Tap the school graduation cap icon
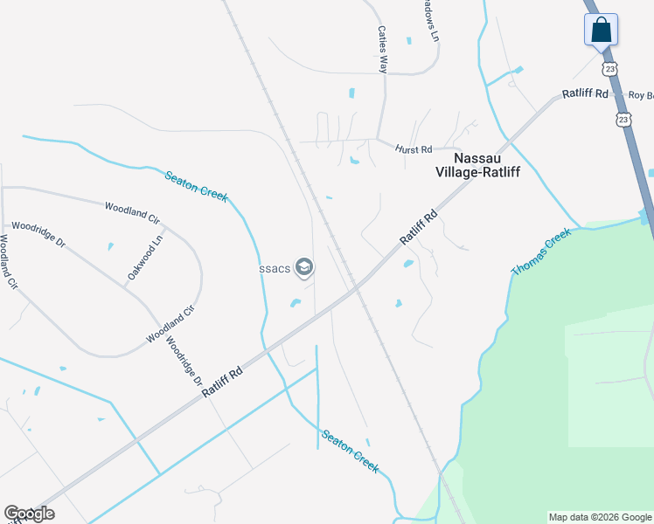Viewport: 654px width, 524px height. (304, 267)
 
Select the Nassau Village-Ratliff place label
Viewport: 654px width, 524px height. (477, 165)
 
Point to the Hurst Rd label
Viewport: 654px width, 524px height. (414, 150)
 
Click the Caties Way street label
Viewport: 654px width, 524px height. (382, 49)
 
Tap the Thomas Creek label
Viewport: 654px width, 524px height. (541, 252)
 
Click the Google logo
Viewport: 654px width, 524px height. (29, 514)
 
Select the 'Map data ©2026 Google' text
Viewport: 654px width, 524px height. (599, 517)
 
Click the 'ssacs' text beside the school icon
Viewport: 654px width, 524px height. (275, 268)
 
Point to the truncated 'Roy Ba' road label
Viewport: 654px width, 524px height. (641, 95)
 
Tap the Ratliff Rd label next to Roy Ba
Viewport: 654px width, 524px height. (585, 93)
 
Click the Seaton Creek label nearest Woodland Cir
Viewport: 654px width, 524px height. (197, 186)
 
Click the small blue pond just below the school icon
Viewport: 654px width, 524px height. (296, 304)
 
